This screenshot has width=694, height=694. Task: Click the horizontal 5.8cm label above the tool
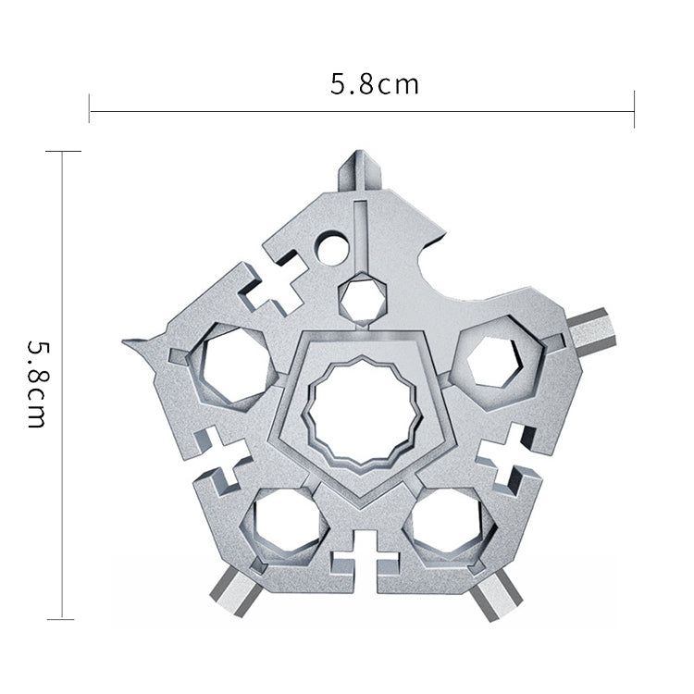[374, 85]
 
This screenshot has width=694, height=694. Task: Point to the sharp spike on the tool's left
[139, 345]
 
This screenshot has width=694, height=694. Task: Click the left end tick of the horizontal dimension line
[89, 109]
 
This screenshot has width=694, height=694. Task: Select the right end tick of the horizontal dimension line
[634, 109]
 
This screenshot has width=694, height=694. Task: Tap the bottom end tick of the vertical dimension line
[61, 618]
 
